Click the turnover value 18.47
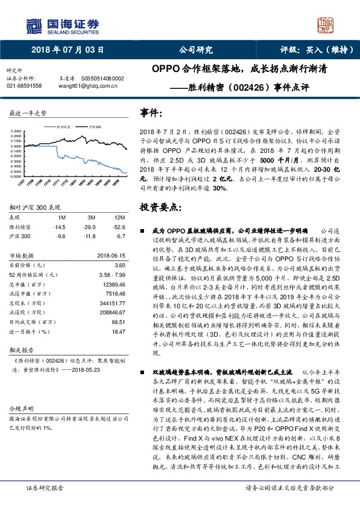click(119, 332)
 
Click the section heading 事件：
click(151, 113)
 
